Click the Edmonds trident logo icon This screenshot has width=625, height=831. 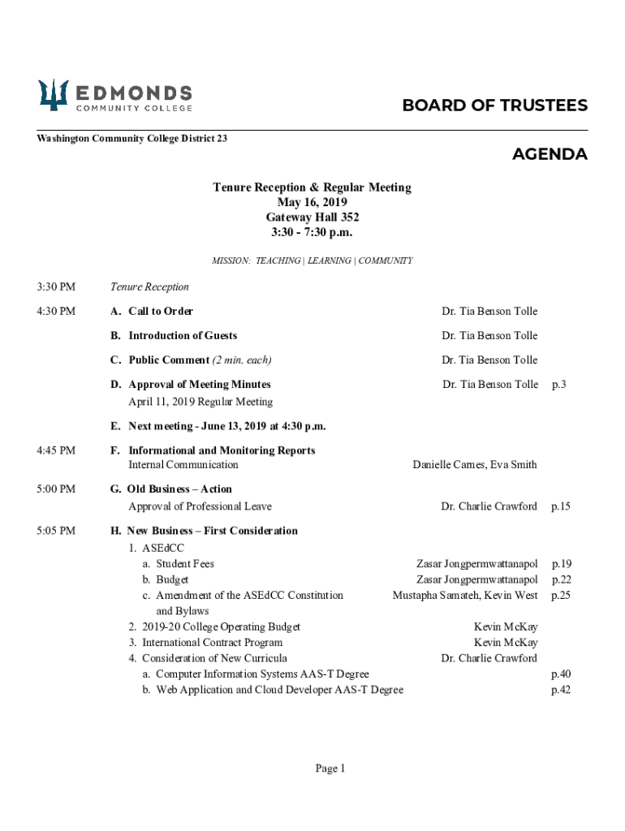pos(54,96)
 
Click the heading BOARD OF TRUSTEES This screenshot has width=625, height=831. pos(495,106)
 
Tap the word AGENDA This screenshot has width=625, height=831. pos(550,154)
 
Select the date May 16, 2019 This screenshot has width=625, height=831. pos(312,202)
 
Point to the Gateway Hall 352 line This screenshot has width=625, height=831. pos(312,217)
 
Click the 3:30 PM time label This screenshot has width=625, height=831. pos(56,286)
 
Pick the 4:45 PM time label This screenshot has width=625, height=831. pos(56,450)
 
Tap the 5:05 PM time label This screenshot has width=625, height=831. pos(56,531)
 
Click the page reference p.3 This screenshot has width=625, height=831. pos(558,385)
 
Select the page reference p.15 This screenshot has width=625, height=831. pos(561,506)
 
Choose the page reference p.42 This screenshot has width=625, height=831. pos(561,690)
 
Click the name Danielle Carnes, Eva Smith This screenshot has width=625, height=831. pos(474,465)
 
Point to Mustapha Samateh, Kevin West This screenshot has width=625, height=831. pos(465,595)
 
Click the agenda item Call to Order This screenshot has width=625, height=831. pos(160,312)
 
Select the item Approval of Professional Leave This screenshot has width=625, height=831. pos(200,506)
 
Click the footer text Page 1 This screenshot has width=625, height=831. pos(330,769)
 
